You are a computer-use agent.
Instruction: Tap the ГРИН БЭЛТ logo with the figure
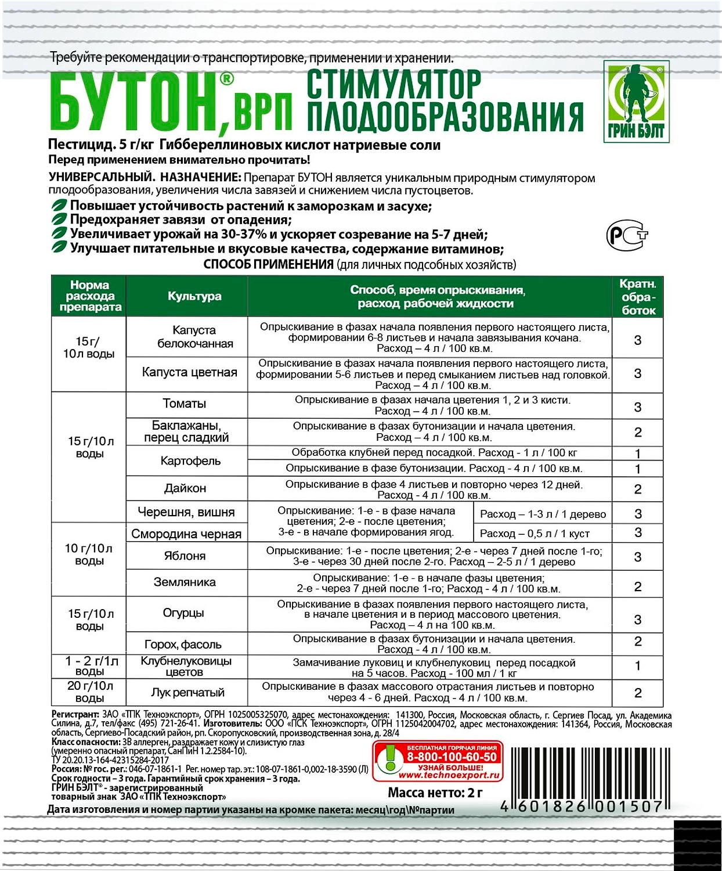click(636, 102)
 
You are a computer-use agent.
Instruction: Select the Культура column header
click(194, 296)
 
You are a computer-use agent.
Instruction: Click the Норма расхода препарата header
click(89, 296)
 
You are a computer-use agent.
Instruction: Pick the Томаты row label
click(185, 404)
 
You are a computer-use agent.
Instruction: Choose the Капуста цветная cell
click(189, 372)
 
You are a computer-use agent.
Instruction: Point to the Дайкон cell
click(185, 488)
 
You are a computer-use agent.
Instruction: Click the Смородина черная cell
click(186, 534)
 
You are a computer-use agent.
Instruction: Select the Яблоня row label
click(185, 556)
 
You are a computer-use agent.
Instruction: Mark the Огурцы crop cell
click(183, 613)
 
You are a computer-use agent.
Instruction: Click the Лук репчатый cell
click(187, 692)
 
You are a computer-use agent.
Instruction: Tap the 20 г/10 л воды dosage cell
click(90, 692)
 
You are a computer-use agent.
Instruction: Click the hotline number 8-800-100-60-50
click(452, 757)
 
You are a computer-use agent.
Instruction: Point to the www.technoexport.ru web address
click(449, 775)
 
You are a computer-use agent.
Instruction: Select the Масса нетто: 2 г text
click(435, 793)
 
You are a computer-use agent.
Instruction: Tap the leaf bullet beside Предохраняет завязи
click(59, 219)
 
